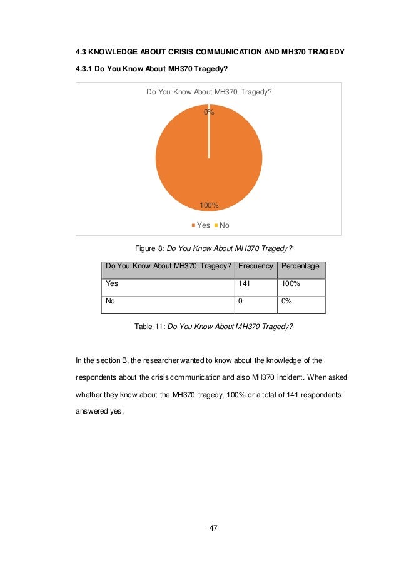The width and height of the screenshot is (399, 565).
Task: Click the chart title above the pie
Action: tap(209, 93)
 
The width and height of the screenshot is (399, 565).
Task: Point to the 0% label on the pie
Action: tap(209, 113)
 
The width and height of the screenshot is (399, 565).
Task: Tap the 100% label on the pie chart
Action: tap(208, 205)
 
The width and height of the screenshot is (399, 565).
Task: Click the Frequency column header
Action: tap(256, 267)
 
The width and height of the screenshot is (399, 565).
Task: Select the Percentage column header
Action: tap(301, 267)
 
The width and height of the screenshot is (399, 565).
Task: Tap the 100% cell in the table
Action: tap(291, 283)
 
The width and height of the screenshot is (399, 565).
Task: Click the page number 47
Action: tap(213, 529)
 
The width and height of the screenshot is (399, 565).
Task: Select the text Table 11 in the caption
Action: tap(149, 327)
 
